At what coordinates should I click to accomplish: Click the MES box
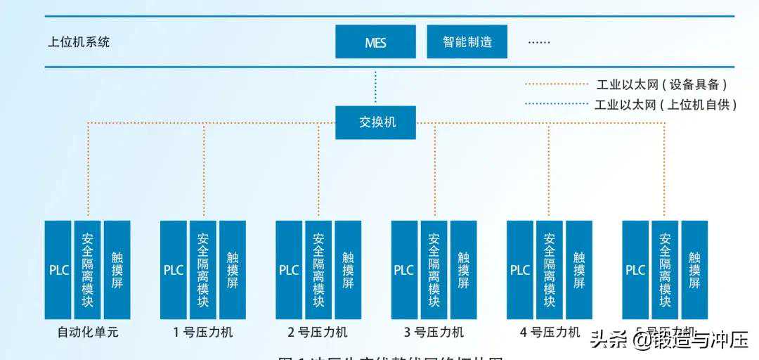375,42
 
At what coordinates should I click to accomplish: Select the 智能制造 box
467,42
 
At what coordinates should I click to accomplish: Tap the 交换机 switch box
376,122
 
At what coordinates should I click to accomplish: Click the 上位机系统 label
79,42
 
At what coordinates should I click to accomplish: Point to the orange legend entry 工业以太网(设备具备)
661,84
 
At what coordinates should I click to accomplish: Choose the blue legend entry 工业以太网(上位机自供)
665,105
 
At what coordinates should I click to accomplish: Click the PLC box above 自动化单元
58,270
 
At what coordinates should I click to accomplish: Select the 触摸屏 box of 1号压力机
233,270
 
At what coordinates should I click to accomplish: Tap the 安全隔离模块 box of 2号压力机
318,270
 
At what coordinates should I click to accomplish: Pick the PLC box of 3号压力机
404,270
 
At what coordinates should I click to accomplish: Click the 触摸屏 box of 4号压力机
578,270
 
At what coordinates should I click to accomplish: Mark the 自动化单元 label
87,332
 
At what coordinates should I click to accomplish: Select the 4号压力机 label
550,332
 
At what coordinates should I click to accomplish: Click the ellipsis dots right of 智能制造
539,42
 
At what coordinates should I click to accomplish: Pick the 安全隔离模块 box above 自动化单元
88,270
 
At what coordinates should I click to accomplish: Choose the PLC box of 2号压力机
289,270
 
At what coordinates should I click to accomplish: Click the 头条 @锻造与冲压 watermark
668,340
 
